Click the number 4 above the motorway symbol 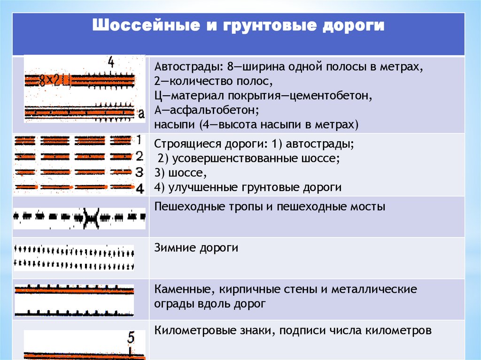click(111, 62)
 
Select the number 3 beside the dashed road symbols click(139, 171)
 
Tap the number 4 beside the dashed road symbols click(139, 188)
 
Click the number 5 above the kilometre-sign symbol click(131, 337)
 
